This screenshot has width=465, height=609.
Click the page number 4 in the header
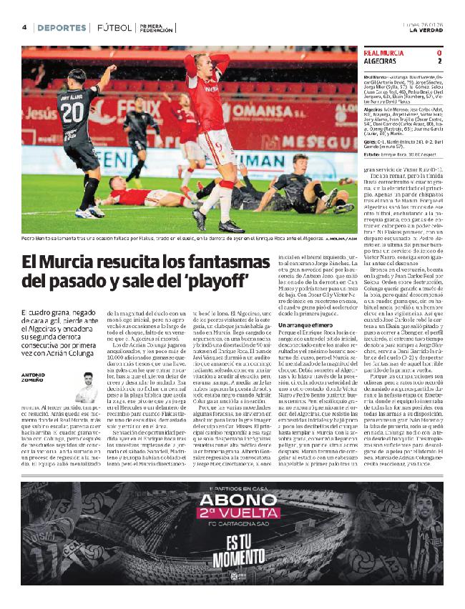pos(24,27)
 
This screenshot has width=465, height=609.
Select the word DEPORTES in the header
pos(62,28)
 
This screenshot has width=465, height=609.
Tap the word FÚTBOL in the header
pos(114,28)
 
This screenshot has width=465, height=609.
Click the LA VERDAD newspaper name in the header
pos(425,30)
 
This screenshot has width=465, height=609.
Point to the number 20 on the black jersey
pos(72,112)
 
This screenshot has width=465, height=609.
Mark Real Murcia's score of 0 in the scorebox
pos(439,53)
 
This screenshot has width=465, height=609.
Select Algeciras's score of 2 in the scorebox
pos(439,61)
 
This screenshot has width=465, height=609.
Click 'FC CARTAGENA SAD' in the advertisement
pos(232,548)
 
